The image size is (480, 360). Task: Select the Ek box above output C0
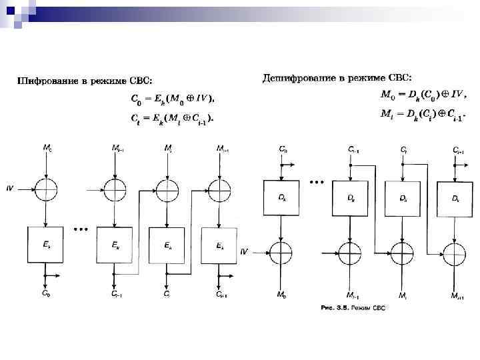45,245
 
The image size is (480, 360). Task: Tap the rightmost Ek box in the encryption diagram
221,245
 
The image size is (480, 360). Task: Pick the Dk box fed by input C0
283,198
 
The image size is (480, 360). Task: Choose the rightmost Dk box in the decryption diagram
455,198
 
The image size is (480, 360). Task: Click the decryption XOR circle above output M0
283,253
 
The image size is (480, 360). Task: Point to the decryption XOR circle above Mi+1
455,253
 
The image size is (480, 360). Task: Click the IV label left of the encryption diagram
10,189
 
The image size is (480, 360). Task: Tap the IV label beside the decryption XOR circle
244,252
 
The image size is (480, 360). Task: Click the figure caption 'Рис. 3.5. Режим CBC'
353,307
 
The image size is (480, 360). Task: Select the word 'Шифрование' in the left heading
41,82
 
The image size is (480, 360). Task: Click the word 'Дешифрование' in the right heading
294,78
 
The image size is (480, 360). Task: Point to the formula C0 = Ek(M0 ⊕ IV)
171,99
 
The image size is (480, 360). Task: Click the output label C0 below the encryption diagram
45,292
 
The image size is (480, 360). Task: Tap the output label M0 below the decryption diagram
283,294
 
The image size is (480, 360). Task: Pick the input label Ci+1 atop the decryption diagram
457,151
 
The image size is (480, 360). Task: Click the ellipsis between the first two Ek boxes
81,229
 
